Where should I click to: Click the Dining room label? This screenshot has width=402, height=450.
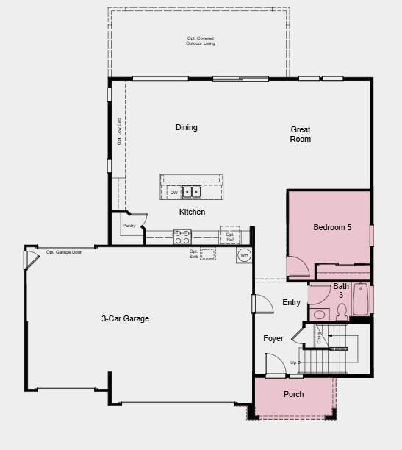[x=186, y=128]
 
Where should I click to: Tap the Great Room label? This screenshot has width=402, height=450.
[x=300, y=134]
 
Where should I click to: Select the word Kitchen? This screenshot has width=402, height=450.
[x=192, y=212]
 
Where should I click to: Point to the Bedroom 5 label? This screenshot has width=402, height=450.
[x=332, y=227]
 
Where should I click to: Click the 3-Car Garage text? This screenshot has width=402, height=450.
[x=125, y=318]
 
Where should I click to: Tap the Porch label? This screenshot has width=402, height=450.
[x=294, y=394]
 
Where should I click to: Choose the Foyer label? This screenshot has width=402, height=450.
[x=273, y=338]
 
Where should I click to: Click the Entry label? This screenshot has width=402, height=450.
[x=291, y=303]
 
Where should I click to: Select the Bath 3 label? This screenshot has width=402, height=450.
[x=341, y=290]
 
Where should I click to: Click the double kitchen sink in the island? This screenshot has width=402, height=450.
[x=192, y=193]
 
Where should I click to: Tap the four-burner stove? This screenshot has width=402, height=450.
[x=182, y=237]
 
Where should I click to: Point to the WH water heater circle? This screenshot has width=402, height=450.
[x=244, y=255]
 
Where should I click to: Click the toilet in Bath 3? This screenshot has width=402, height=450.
[x=341, y=311]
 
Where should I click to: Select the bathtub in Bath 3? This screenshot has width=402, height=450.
[x=361, y=299]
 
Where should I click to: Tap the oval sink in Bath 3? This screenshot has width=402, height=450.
[x=318, y=315]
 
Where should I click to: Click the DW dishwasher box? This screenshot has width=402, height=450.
[x=174, y=193]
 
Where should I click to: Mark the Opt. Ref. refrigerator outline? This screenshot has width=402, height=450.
[x=230, y=235]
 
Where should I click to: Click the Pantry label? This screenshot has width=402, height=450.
[x=129, y=226]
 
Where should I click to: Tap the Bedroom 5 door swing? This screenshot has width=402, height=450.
[x=298, y=266]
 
